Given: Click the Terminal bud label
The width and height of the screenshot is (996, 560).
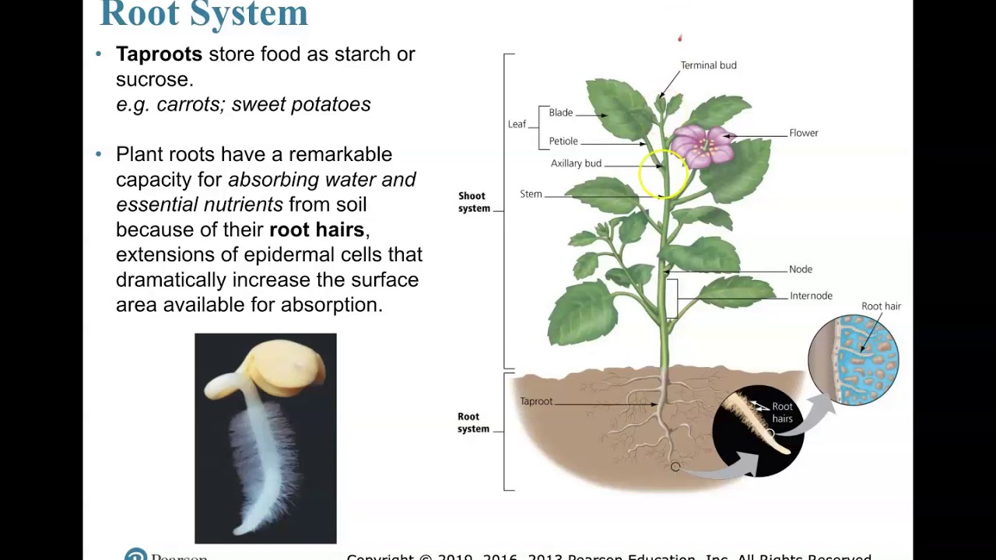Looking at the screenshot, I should pos(708,65).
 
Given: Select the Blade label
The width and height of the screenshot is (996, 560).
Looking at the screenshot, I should pos(560,113).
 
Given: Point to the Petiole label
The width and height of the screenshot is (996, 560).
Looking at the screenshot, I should pos(563,142).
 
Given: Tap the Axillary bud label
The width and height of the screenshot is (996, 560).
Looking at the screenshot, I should pos(576,164).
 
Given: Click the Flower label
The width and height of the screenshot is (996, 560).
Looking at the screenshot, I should pos(803,133).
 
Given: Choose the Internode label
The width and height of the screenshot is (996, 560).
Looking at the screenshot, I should pos(811,296).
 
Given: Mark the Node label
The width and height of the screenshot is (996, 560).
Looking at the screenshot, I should pos(800,270).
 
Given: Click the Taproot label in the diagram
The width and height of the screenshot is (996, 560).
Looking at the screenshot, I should pos(536,401).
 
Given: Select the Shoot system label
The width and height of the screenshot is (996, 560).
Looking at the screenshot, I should pos(473,202).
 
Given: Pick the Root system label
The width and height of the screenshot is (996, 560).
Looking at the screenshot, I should pos(473,422).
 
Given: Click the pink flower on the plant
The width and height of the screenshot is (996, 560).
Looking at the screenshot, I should pos(702,145).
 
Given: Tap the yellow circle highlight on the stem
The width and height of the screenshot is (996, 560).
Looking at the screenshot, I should pos(663,174).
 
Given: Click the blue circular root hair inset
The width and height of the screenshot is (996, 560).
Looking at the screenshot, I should pos(854,360).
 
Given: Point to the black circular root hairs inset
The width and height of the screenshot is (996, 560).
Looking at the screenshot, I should pos(757,431).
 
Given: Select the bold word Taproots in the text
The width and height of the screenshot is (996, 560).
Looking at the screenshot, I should pos(159,54).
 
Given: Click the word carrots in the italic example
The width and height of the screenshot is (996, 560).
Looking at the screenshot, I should pos(188,104).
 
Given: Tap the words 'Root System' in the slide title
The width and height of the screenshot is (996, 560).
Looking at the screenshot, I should pos(204,14).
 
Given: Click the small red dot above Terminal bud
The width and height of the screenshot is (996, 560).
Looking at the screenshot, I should pos(679,37).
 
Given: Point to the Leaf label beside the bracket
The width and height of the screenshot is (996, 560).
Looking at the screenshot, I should pos(517,124).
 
